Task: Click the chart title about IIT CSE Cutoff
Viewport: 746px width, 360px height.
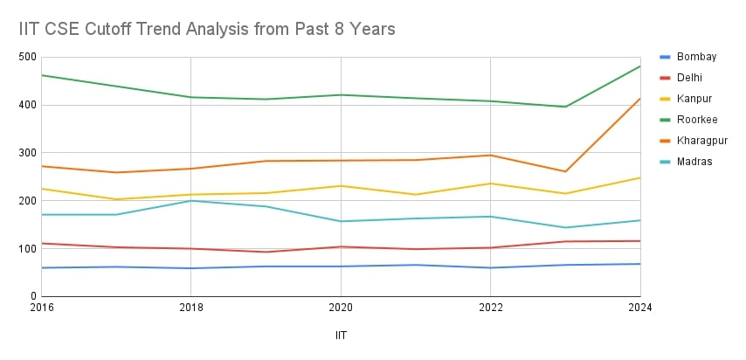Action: click(x=207, y=29)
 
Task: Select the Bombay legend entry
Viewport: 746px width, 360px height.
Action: click(x=696, y=57)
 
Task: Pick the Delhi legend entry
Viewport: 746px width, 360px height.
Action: click(x=690, y=78)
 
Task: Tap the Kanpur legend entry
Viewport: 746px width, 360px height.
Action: click(x=694, y=99)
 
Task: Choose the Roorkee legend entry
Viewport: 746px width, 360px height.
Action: click(x=696, y=120)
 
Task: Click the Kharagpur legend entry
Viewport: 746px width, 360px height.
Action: click(x=701, y=140)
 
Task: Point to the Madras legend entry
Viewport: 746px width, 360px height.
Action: click(x=694, y=161)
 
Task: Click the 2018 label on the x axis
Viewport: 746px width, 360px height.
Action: click(x=190, y=308)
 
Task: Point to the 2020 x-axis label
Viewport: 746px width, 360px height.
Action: click(x=341, y=308)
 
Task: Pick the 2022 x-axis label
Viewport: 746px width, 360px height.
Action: click(x=490, y=308)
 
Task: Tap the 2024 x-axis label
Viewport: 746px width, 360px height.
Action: click(x=639, y=308)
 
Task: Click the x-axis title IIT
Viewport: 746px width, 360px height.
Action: click(x=341, y=336)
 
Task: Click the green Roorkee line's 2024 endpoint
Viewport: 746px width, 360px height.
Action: click(x=640, y=66)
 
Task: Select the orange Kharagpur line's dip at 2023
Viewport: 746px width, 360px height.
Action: click(x=565, y=171)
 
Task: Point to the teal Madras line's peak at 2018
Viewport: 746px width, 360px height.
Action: click(x=190, y=201)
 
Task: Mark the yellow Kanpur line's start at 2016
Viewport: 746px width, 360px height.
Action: click(x=41, y=189)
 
